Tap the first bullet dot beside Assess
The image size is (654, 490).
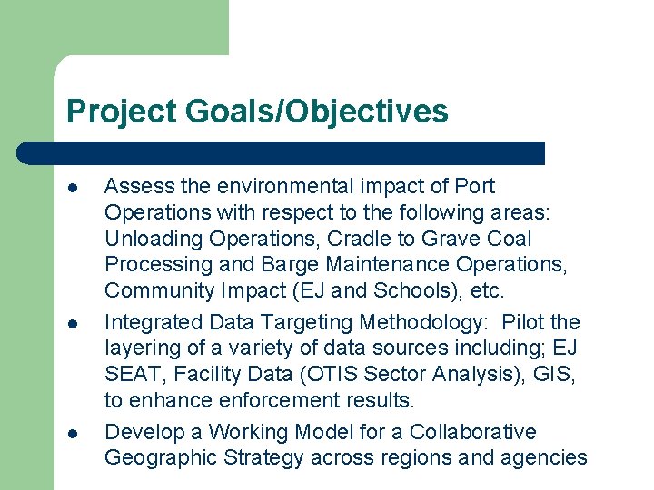tap(73, 188)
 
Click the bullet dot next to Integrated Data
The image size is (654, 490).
tap(73, 324)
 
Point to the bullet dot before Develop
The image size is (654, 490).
tap(73, 433)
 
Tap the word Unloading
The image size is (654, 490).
tap(153, 239)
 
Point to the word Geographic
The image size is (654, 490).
tap(156, 457)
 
